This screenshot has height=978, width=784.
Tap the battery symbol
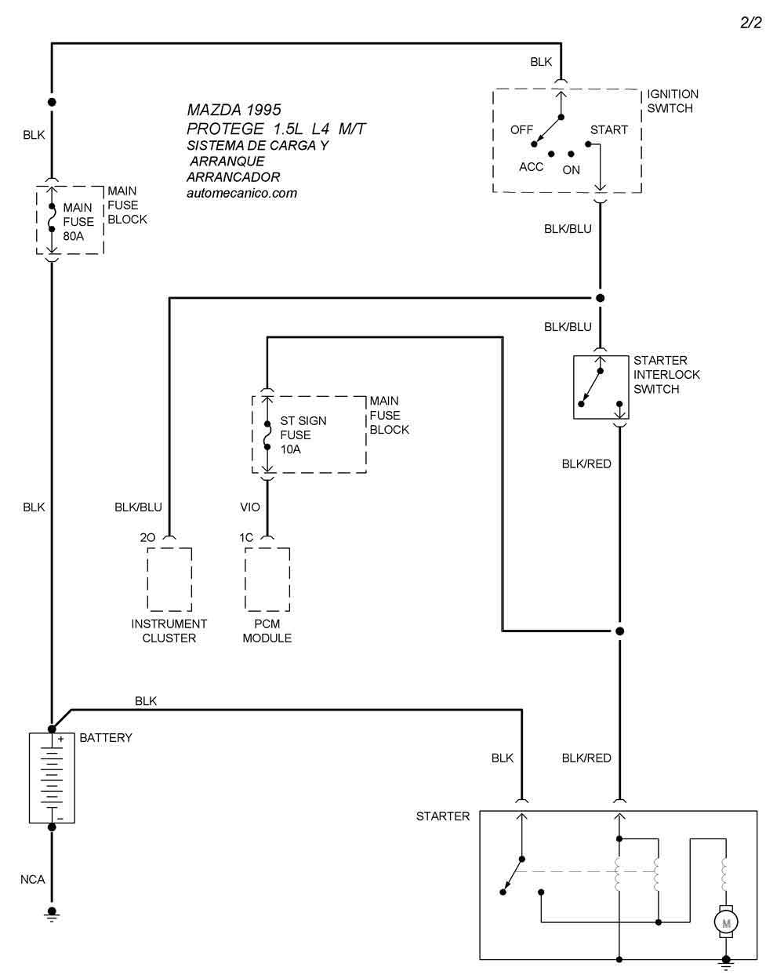(52, 777)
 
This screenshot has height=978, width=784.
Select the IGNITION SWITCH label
(672, 101)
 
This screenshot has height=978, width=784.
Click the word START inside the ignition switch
(608, 130)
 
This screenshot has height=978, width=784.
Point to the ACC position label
(531, 167)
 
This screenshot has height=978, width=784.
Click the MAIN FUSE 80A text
(78, 222)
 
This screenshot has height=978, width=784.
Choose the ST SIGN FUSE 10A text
(303, 435)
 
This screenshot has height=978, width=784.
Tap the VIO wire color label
(250, 507)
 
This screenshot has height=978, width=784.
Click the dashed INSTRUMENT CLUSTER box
(169, 580)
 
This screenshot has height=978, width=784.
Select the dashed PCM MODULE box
(267, 580)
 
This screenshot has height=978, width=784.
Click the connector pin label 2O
(147, 538)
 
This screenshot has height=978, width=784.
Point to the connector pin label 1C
(246, 538)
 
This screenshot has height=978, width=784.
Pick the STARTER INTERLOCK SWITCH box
(601, 387)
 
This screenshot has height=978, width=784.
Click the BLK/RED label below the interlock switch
(586, 464)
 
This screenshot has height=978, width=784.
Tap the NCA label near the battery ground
(33, 880)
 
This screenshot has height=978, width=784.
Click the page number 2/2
(750, 23)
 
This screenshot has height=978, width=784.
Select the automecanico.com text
(241, 194)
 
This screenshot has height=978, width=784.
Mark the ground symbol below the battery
(52, 913)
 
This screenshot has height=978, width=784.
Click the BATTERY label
(106, 738)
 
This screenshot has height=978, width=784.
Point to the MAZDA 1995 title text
(234, 111)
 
